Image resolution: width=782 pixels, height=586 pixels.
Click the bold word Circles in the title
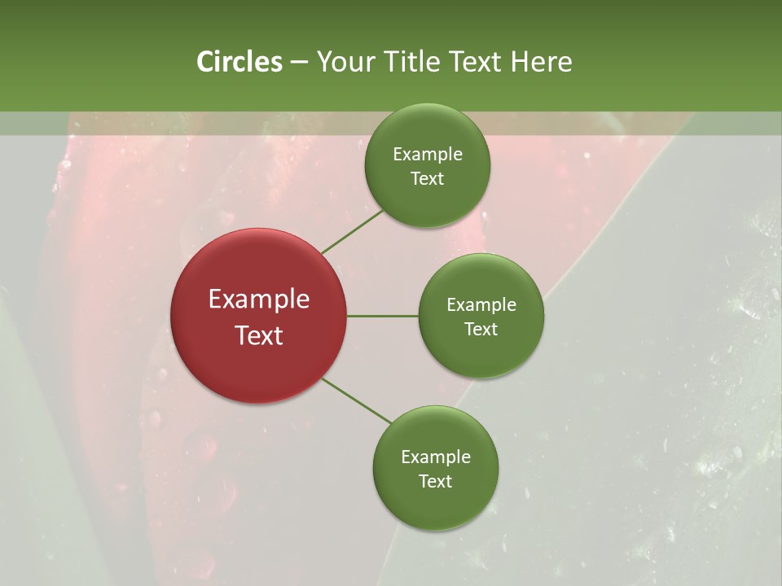239,62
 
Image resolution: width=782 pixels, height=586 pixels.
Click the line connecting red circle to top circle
352,232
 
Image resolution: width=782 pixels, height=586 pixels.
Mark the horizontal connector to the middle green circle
382,316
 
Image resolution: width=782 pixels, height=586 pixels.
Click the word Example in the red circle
259,300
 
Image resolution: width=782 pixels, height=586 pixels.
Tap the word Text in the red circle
259,335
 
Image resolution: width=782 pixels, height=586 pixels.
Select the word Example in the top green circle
427,155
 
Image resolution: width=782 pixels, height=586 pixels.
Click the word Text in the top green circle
427,179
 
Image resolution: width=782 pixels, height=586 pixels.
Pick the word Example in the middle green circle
481,305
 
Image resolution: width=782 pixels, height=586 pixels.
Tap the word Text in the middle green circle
481,330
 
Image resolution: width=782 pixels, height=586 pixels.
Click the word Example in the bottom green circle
435,457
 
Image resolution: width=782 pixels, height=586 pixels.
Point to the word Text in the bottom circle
435,482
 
